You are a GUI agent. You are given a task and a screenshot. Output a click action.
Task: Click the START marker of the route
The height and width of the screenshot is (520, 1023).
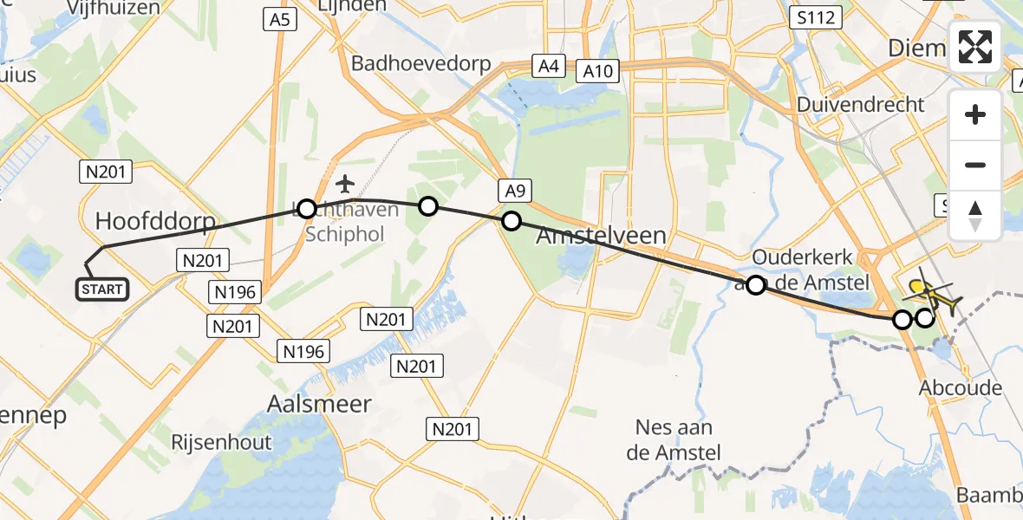point(103,289)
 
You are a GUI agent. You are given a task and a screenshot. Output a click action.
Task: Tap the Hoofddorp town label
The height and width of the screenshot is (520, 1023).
point(155,222)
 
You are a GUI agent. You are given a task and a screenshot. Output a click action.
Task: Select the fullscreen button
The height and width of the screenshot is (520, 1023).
point(975,47)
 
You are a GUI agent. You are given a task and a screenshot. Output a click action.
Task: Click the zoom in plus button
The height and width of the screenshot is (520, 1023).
point(975,114)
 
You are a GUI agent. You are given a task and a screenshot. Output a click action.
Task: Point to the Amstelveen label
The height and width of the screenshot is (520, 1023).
point(602,236)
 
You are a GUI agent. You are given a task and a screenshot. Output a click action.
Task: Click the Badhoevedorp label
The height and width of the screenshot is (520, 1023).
point(420,63)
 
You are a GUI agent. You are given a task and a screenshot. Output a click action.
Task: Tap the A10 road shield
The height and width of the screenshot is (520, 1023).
point(600,70)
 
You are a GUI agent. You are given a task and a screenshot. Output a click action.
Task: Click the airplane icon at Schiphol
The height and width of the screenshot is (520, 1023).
point(345,184)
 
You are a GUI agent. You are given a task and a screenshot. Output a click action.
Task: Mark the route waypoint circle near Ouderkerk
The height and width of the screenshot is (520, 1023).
point(756,285)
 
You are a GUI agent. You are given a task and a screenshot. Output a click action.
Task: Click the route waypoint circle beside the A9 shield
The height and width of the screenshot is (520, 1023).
point(511,221)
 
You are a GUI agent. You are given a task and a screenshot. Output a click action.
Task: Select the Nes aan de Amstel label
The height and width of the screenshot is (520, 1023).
point(674,439)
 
